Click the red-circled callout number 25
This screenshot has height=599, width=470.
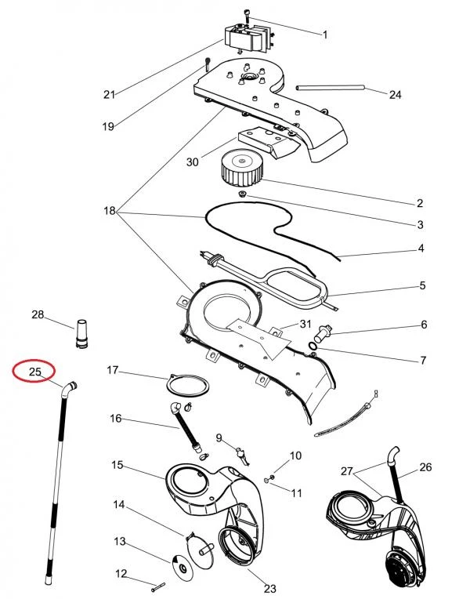click(x=34, y=371)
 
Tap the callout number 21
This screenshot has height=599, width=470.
click(x=109, y=94)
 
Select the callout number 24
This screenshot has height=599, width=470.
click(x=395, y=94)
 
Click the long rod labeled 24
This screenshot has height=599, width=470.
click(x=331, y=89)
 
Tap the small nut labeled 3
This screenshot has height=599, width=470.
click(x=242, y=194)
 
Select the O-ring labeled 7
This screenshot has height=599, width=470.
click(x=313, y=347)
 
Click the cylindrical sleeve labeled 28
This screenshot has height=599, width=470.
click(x=81, y=333)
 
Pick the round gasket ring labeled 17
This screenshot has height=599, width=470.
click(x=187, y=386)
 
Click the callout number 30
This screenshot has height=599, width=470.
click(x=193, y=162)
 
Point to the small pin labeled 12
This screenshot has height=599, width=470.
click(x=158, y=586)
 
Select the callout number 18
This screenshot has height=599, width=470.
click(x=110, y=210)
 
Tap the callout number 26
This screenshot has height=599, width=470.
click(x=425, y=466)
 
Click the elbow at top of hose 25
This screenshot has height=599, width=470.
click(x=69, y=389)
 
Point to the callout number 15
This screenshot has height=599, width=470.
click(x=117, y=465)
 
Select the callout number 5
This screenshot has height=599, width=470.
click(x=422, y=285)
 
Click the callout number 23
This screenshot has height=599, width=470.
click(x=270, y=589)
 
